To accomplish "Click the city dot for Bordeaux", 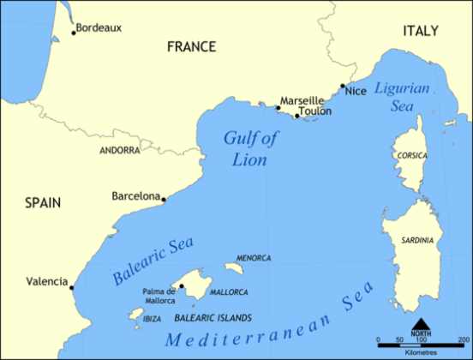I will pos(74,33).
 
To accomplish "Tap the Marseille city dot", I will pos(278,108).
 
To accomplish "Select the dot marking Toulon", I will pos(297,116).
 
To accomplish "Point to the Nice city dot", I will pos(343,86).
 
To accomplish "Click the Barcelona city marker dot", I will pos(164,199).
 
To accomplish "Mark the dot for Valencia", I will pos(72,287).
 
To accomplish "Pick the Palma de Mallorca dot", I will pos(182,286).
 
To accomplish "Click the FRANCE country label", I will pos(192,46).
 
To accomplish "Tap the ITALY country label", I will pos(421,31).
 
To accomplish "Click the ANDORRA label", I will pos(120,150).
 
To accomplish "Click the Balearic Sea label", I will pos(153,261).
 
